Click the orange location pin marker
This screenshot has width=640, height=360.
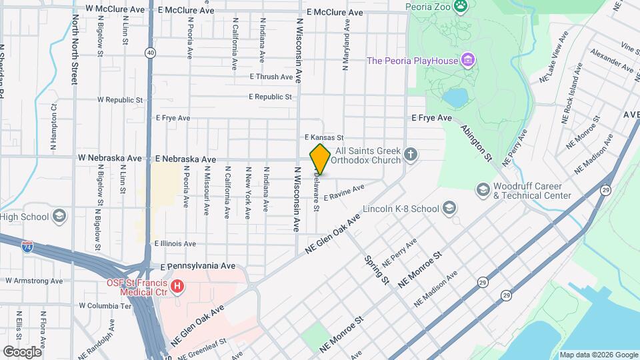point(320,159)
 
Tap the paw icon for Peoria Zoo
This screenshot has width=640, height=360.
point(461,7)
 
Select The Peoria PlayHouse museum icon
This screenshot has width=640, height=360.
point(469,61)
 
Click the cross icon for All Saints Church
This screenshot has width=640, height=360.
point(411,155)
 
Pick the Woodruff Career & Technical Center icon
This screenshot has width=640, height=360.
point(482,191)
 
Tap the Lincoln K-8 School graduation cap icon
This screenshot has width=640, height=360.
point(449,209)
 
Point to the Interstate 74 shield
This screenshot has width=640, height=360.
point(27,246)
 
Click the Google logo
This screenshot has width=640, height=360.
point(22,351)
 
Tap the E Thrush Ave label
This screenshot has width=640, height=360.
point(271,77)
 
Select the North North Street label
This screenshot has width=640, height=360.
point(75,54)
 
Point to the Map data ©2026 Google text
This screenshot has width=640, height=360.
point(598,355)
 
